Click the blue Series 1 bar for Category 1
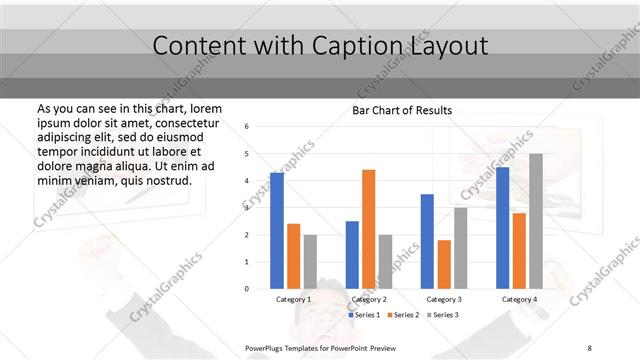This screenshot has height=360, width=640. [x=277, y=231]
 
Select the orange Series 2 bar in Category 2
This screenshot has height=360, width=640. [x=368, y=229]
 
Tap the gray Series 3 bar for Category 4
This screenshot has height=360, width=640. [x=536, y=221]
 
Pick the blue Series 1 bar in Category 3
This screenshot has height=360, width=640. [x=427, y=241]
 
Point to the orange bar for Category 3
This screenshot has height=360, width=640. [x=444, y=264]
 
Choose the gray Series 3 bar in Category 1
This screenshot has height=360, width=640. [x=310, y=261]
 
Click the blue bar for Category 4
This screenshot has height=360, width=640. [x=502, y=227]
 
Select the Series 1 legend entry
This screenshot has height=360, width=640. [x=364, y=315]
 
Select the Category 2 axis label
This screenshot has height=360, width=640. [x=368, y=299]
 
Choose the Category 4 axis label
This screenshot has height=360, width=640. [x=519, y=299]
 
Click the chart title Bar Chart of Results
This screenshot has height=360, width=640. [x=402, y=110]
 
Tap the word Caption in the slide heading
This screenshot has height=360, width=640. [x=370, y=45]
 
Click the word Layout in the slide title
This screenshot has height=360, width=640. [x=453, y=45]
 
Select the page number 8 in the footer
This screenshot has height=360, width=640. [x=590, y=346]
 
